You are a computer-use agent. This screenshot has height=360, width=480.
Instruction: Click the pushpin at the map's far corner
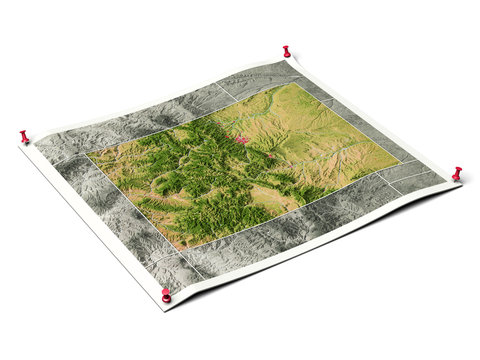[286, 51]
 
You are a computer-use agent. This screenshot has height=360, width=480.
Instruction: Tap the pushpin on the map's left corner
[24, 136]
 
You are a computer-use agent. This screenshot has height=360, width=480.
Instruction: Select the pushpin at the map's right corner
[457, 174]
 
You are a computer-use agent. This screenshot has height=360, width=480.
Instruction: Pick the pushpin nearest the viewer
[166, 295]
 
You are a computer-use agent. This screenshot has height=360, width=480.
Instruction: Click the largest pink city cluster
[239, 139]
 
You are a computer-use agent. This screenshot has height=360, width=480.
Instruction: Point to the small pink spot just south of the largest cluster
[270, 157]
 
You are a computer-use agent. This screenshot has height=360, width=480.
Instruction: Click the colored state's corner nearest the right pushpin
[399, 159]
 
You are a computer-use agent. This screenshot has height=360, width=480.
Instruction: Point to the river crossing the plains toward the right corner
[330, 150]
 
